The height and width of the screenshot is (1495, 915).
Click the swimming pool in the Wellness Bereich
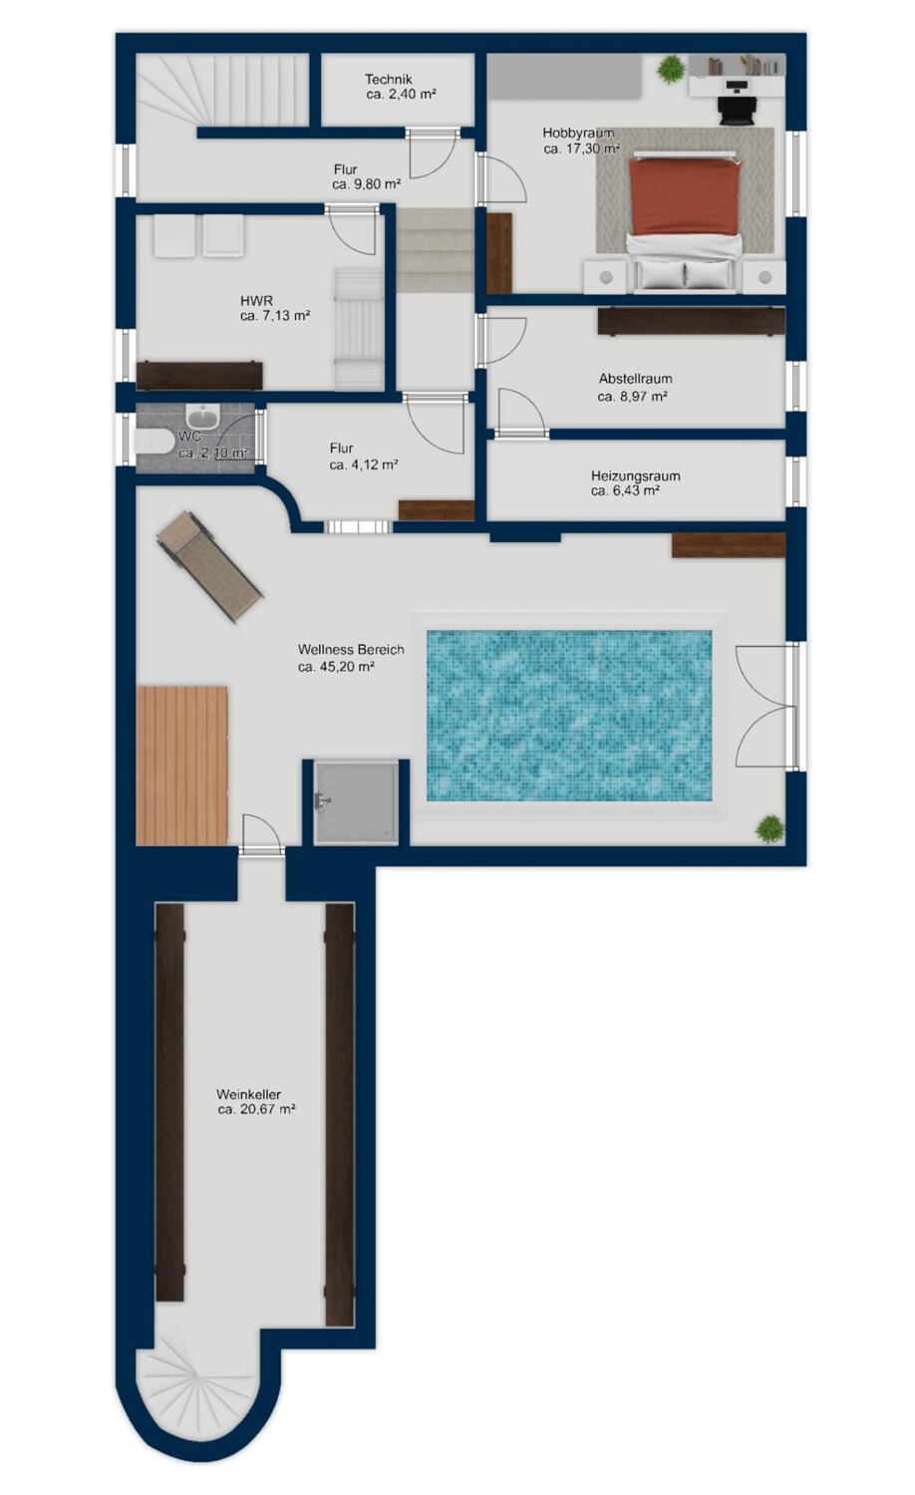(569, 716)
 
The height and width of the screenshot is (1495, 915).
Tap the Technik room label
(389, 80)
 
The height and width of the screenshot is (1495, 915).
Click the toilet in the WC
(151, 442)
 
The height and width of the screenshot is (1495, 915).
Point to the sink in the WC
(203, 417)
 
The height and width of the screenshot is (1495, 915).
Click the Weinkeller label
(248, 1095)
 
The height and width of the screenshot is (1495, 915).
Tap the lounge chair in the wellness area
(210, 567)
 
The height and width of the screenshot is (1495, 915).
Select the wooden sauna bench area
(181, 765)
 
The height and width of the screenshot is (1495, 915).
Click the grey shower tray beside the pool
(357, 803)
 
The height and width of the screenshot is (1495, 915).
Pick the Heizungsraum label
(635, 476)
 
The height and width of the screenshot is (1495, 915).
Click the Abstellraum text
(635, 379)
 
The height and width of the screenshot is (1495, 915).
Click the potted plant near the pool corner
(769, 829)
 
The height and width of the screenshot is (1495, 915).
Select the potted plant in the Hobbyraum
(670, 69)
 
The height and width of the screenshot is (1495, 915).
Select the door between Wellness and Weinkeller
(261, 834)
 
